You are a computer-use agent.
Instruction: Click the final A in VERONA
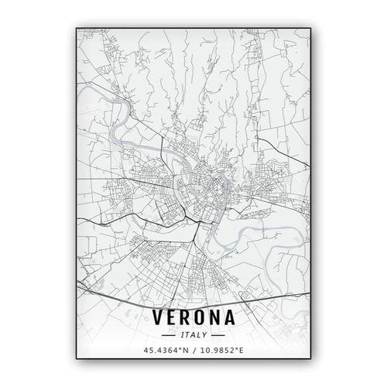tap(238, 318)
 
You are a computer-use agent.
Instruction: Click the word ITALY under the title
tap(193, 335)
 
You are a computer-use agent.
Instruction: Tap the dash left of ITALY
tap(168, 335)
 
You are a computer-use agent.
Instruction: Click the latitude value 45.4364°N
tap(166, 351)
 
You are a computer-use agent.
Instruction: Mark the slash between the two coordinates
tap(193, 351)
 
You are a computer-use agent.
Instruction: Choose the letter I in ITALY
tap(181, 335)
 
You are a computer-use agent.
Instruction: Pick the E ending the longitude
tap(241, 351)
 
